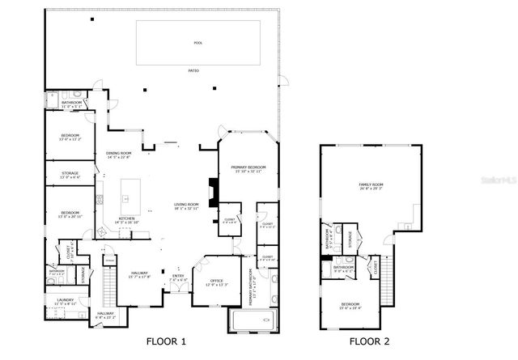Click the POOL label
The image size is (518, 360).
point(198,42)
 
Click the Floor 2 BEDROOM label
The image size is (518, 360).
point(349,305)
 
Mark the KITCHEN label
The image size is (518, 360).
point(128,218)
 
